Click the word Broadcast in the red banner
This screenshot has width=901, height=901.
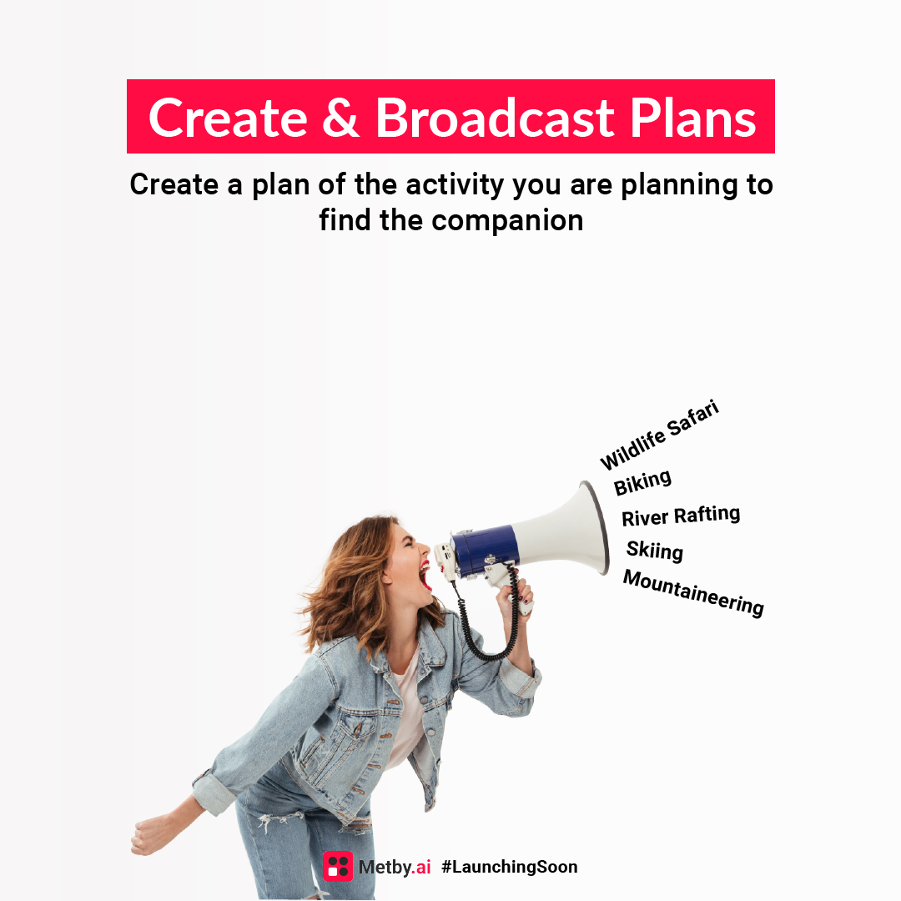click(496, 118)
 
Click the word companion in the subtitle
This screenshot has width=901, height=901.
click(508, 220)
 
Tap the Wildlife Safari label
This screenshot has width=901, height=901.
click(659, 435)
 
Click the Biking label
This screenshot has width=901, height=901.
click(642, 482)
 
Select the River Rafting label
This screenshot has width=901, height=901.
click(681, 516)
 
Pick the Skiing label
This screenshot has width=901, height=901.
click(655, 551)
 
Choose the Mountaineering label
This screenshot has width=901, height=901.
click(693, 592)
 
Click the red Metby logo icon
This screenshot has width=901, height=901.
click(338, 866)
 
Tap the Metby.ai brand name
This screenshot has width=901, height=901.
click(395, 867)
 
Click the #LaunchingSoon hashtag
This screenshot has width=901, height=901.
click(509, 867)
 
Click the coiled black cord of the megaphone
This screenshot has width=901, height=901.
click(484, 634)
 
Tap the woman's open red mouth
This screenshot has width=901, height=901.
click(425, 575)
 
